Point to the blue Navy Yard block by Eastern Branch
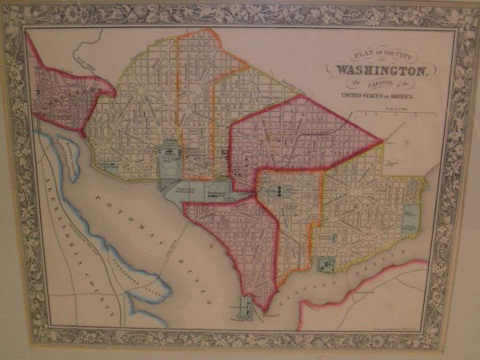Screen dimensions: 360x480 point(327,264)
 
